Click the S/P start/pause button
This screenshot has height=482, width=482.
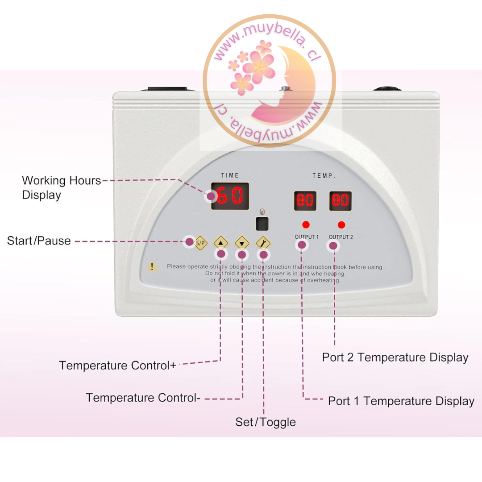[x=201, y=243]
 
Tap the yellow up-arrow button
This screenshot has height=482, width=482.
[x=221, y=243]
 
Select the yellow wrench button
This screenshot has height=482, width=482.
[x=263, y=243]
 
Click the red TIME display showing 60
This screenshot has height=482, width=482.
[x=230, y=196]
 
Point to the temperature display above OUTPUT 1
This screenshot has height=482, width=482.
[x=305, y=201]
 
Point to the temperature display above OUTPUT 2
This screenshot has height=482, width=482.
[x=341, y=201]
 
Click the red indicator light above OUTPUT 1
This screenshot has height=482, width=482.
[x=306, y=224]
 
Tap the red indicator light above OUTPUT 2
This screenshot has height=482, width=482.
[x=341, y=224]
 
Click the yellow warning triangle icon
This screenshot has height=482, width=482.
[x=153, y=266]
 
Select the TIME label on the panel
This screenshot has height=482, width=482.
[x=230, y=175]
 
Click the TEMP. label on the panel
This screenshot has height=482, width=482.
[x=324, y=176]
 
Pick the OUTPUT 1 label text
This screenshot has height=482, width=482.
[x=307, y=237]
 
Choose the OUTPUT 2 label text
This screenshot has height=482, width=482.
[x=341, y=237]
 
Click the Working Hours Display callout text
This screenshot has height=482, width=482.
[x=62, y=187]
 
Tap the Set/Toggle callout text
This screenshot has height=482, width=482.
[x=266, y=422]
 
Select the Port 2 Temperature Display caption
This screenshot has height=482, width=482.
[x=395, y=357]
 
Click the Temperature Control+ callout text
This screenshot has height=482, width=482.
[x=117, y=366]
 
